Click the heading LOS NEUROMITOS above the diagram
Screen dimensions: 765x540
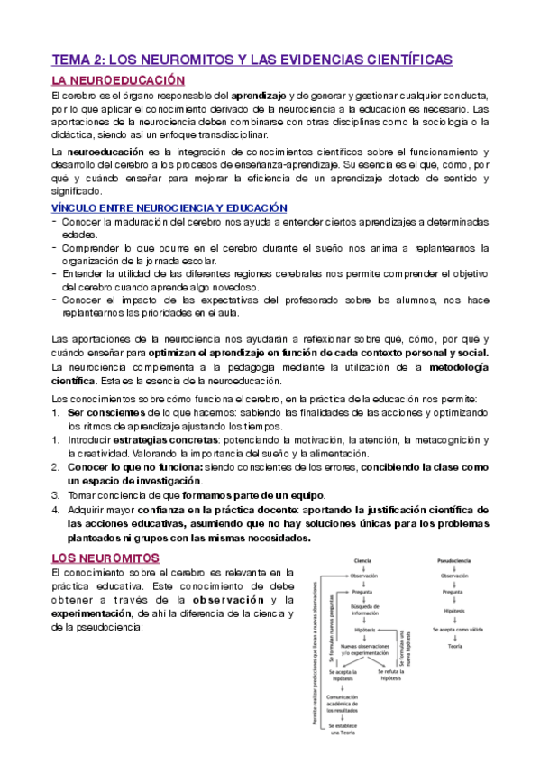[x=105, y=558]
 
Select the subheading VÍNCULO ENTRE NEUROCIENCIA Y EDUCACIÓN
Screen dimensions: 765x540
[x=169, y=208]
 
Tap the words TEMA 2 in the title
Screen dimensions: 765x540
[x=79, y=60]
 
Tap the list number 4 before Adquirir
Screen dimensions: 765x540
[x=56, y=510]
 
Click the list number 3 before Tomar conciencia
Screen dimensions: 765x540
[x=56, y=495]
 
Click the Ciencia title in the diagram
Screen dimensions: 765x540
[x=364, y=560]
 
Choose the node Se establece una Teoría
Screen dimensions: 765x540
[x=342, y=730]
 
